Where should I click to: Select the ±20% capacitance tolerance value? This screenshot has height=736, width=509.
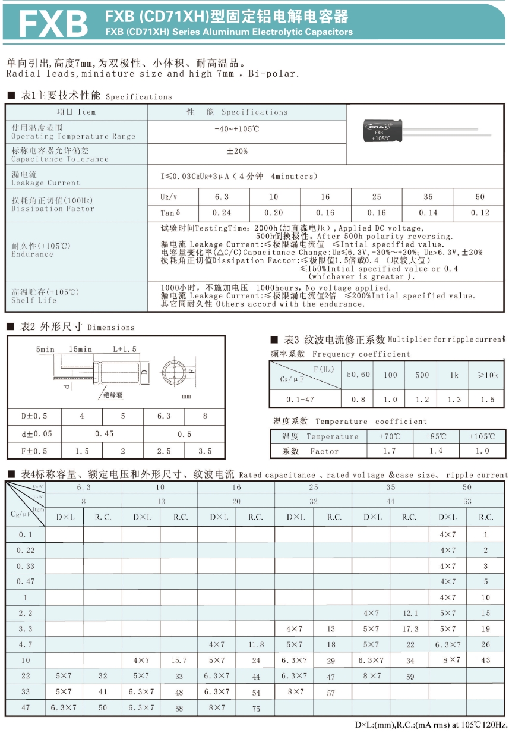(238, 152)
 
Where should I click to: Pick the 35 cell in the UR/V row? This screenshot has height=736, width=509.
(428, 197)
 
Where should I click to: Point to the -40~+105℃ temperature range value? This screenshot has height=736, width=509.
(238, 129)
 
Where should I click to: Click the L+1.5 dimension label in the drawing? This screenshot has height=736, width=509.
(125, 349)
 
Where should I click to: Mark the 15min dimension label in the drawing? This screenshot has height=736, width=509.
(81, 349)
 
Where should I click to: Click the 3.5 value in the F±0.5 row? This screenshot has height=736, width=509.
(205, 451)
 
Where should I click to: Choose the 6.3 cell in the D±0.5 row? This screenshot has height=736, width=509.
(164, 416)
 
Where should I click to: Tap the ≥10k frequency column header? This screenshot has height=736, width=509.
(488, 375)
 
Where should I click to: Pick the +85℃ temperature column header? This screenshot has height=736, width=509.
(436, 436)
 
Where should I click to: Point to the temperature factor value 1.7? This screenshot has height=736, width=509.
(390, 451)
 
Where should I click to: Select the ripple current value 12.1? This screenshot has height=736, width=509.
(410, 613)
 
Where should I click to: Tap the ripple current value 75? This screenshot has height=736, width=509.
(256, 708)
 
